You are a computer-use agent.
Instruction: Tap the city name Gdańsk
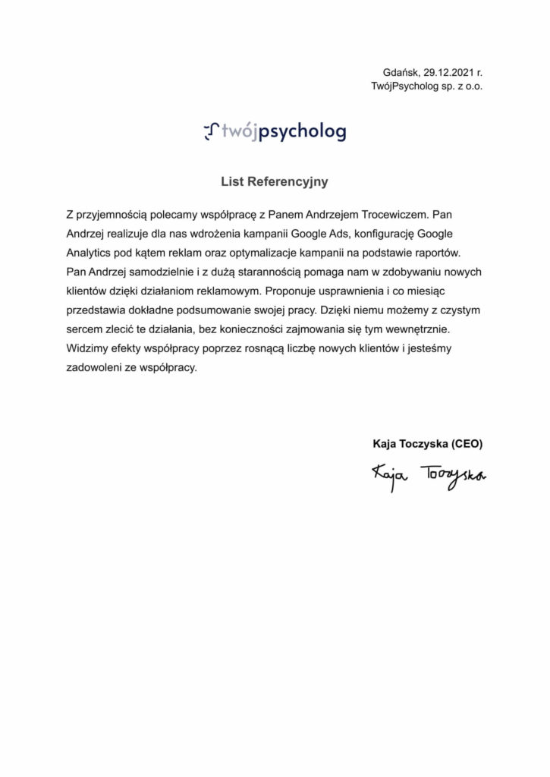[x=400, y=73]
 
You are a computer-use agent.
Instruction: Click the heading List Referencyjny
[x=275, y=182]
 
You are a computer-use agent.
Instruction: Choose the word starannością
[x=264, y=272]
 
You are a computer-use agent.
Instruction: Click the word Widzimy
[x=87, y=351]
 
